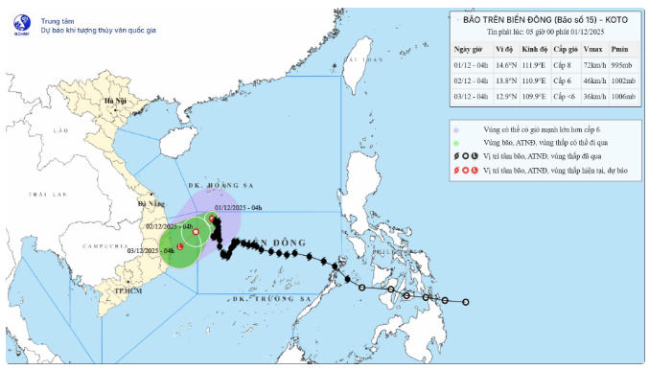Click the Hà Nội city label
point(114,101)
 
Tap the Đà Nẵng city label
point(151,203)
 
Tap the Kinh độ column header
point(536,48)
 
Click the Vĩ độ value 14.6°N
point(504,65)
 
